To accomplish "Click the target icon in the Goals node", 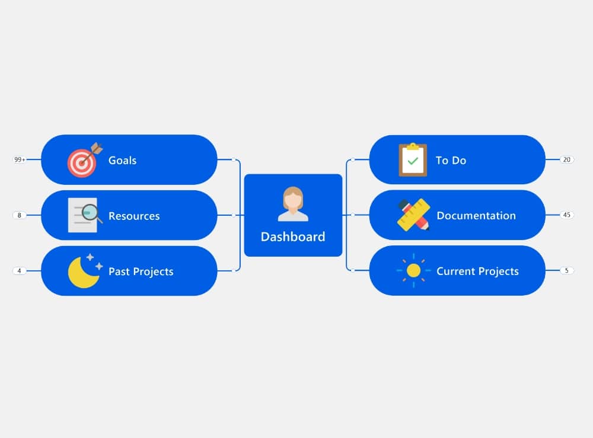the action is [85, 160].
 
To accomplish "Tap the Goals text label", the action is [123, 160].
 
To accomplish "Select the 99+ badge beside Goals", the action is [20, 159].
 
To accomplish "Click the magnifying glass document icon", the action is [85, 215].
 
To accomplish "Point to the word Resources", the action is [134, 216].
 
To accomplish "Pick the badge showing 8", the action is [20, 215].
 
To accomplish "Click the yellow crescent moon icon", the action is [85, 271].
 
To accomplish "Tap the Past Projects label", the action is [141, 271].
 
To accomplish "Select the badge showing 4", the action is [20, 271].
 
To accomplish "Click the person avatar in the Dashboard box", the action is [293, 204].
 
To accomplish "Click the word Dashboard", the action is [293, 236].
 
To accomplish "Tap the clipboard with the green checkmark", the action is [413, 159].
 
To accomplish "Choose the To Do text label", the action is [451, 160].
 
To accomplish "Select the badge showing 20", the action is [566, 159].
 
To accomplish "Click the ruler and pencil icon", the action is [413, 215].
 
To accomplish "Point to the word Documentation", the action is [476, 215].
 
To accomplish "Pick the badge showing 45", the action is [566, 215].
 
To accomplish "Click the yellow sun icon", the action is [413, 271].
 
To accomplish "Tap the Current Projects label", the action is [477, 271].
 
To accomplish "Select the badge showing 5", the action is [566, 270].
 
